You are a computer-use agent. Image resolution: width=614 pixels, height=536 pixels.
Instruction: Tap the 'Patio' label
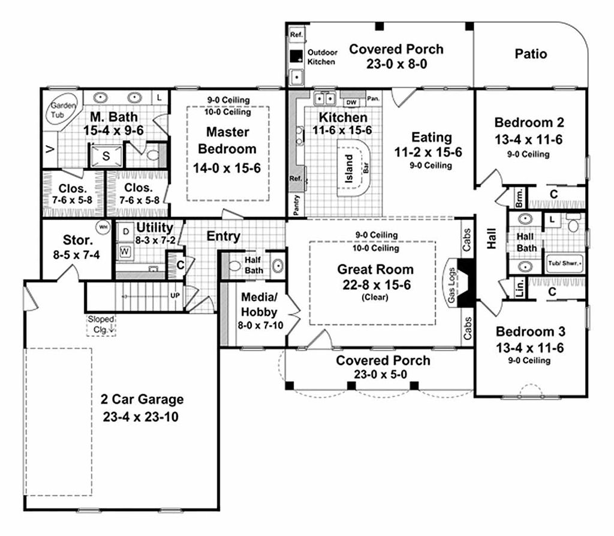click(x=531, y=54)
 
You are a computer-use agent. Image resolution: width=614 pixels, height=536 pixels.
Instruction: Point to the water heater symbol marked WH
click(x=103, y=227)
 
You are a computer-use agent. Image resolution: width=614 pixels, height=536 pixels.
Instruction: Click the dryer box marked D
click(x=126, y=232)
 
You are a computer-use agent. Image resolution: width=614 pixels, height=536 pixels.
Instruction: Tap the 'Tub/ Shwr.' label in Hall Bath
click(x=562, y=261)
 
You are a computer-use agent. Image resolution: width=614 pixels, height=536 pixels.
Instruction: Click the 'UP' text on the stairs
click(x=175, y=295)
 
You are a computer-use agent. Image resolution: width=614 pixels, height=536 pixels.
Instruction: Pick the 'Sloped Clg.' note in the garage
click(x=100, y=323)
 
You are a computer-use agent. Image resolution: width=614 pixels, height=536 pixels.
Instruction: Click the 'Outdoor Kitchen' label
click(x=323, y=57)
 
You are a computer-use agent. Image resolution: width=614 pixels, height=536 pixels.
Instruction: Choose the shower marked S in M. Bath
click(x=106, y=155)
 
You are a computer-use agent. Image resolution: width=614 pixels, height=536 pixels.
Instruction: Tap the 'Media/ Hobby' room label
click(x=259, y=304)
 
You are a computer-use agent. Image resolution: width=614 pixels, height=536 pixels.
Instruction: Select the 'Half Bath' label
click(x=254, y=265)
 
